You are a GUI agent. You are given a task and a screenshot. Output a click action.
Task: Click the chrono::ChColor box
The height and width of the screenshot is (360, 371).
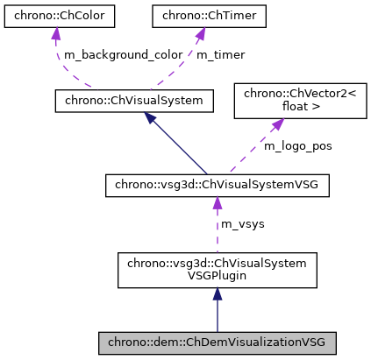(55, 15)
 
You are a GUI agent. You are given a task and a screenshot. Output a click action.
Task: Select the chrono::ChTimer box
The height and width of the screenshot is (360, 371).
(199, 15)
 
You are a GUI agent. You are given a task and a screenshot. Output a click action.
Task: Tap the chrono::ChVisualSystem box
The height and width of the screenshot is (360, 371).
(134, 101)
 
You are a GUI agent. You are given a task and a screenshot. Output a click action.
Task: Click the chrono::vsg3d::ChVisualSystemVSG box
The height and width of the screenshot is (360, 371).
(217, 185)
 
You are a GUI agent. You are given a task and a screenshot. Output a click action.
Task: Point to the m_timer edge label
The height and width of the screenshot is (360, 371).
(219, 54)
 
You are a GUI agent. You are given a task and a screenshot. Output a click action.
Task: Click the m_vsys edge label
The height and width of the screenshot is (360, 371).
(244, 225)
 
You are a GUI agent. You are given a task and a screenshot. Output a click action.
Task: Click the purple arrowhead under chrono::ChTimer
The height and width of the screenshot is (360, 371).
(199, 34)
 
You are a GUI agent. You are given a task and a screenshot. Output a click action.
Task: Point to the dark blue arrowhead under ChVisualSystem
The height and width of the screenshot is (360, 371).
(152, 119)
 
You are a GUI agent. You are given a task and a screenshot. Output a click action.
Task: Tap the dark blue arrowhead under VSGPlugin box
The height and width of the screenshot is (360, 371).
(217, 297)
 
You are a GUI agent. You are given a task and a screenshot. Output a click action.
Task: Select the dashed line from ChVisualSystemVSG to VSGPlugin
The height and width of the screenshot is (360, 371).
(217, 232)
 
